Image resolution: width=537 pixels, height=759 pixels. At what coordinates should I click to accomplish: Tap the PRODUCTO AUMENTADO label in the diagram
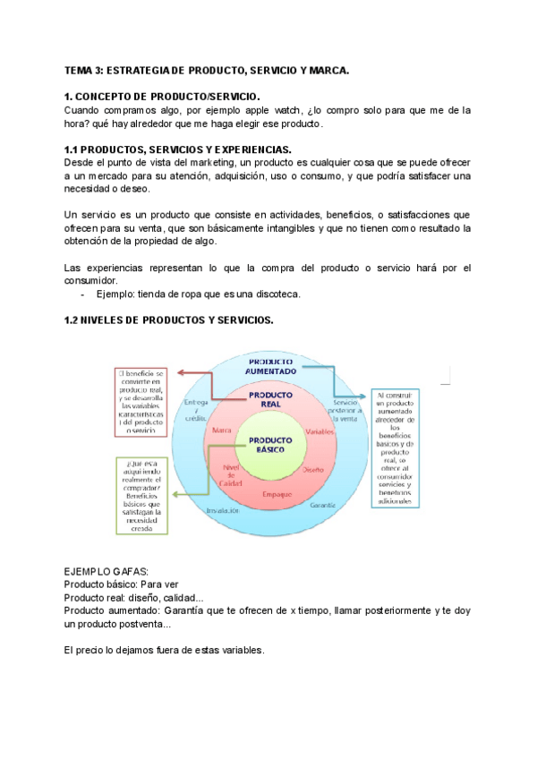[269, 367]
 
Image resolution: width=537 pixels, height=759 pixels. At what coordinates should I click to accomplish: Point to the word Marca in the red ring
[222, 431]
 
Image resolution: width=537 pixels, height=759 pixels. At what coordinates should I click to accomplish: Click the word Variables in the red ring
[319, 431]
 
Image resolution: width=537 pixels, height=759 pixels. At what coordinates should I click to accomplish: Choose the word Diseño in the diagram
[313, 469]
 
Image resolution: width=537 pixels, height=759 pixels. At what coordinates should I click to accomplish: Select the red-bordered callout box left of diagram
[143, 402]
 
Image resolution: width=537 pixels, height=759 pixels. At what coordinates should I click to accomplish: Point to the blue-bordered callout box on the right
[394, 448]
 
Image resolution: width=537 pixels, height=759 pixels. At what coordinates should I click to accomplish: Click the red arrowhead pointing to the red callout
[180, 372]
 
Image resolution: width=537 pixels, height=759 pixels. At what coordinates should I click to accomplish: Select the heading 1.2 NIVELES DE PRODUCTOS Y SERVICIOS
[168, 320]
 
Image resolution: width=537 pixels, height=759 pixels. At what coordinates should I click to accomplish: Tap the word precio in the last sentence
[94, 651]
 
